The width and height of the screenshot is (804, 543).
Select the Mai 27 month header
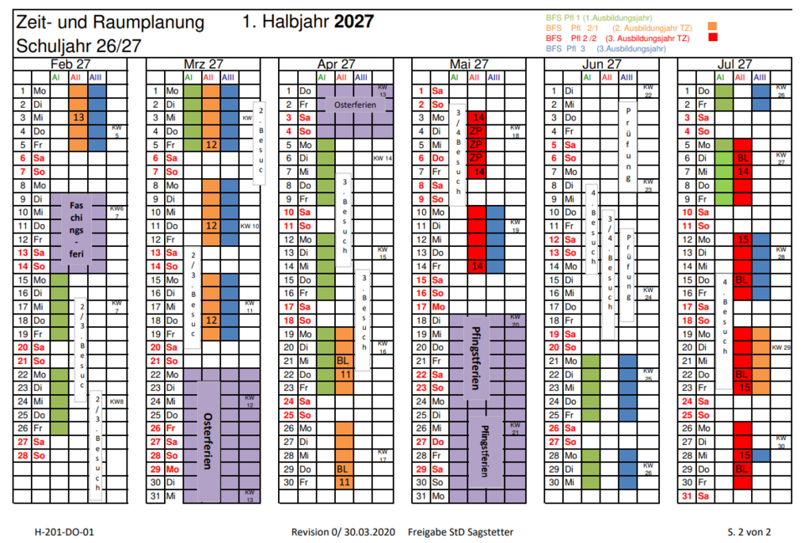tap(469, 64)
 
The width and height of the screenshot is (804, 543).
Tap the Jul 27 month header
tap(734, 64)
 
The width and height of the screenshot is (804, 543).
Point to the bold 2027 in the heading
tap(353, 22)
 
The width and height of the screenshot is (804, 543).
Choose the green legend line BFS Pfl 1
tap(599, 17)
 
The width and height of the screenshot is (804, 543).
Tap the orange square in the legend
tap(714, 28)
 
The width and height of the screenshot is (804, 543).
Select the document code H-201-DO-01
tap(64, 531)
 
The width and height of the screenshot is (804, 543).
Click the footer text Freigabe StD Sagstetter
tap(461, 531)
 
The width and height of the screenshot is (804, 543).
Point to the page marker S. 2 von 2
tap(749, 531)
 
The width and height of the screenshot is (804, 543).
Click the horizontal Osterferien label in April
tap(354, 105)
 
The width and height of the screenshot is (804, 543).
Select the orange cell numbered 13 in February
tap(77, 119)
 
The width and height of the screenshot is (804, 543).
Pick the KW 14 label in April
tap(383, 158)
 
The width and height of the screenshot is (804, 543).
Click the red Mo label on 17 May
tap(438, 307)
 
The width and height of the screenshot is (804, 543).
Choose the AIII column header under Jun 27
tap(626, 77)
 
